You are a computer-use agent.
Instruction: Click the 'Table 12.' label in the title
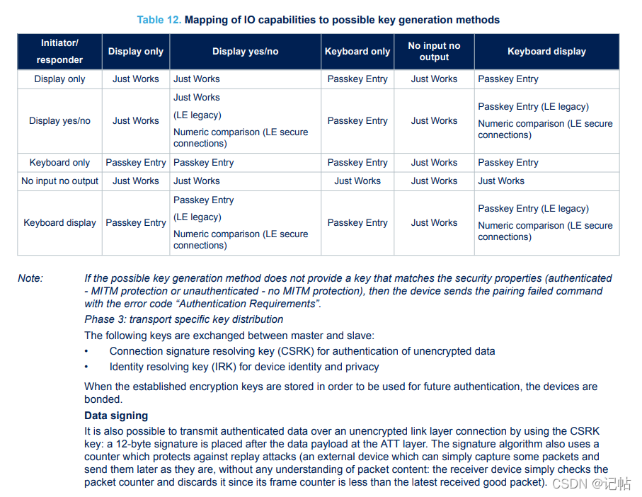159,20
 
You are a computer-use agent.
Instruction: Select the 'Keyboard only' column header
357,51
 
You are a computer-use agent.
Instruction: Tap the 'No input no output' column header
434,51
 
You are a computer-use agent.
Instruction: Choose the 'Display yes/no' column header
245,51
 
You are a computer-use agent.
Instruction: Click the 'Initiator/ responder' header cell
60,51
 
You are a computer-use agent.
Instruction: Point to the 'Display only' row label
59,79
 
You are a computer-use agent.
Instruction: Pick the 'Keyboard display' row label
59,222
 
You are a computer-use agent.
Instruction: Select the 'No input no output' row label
59,181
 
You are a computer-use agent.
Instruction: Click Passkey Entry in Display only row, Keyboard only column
357,79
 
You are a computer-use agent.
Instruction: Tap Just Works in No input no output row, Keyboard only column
357,181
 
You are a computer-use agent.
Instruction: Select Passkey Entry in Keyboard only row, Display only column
135,163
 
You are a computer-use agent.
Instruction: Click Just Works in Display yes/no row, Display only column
135,121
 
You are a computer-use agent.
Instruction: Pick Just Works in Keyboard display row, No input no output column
434,222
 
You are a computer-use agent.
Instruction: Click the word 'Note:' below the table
30,278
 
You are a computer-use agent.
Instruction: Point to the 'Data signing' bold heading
116,416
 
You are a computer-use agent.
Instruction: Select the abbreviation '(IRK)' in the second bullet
225,367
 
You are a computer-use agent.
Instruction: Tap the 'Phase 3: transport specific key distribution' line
184,319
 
